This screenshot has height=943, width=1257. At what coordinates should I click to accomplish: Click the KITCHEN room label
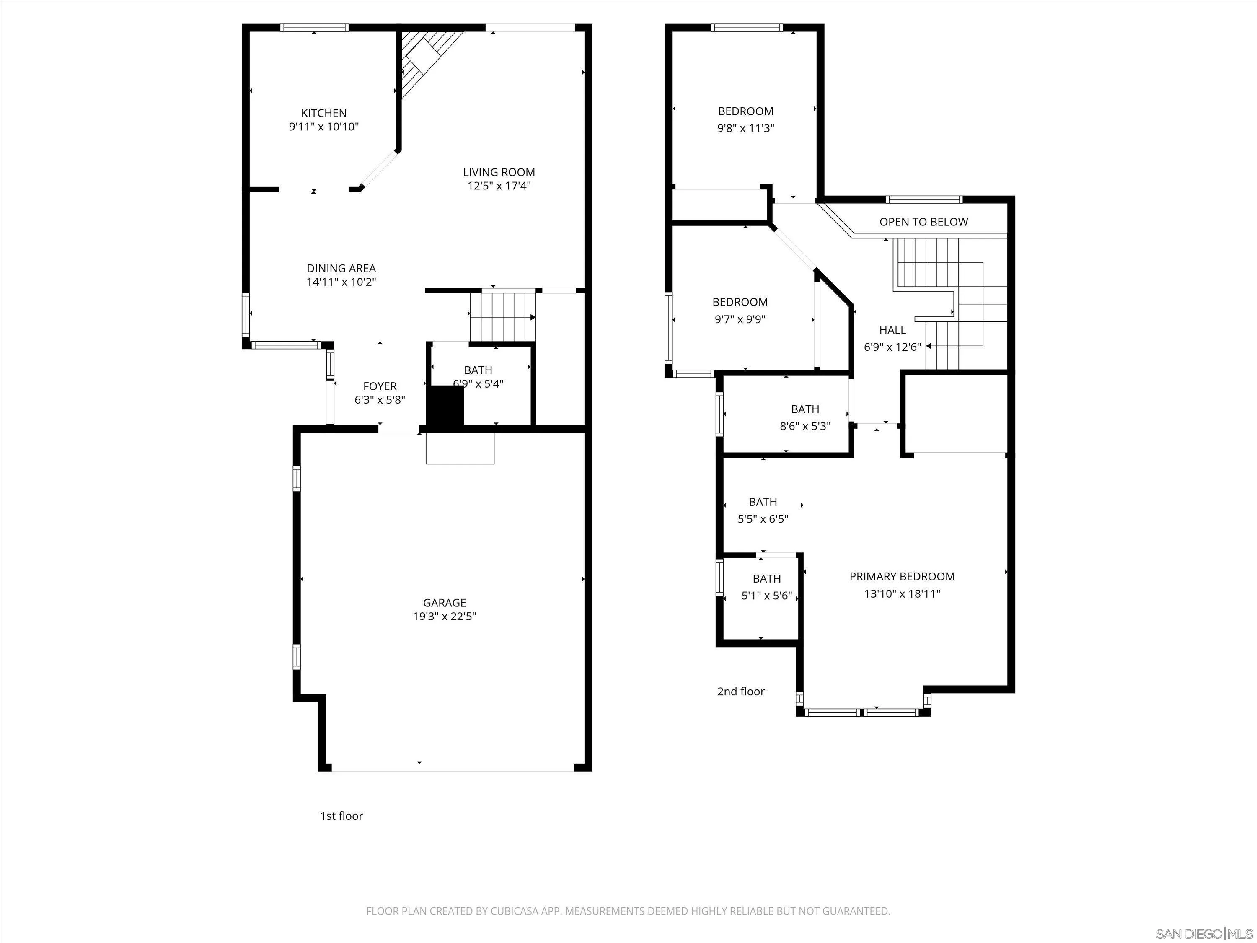point(323,113)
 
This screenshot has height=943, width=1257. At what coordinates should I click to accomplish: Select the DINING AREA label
point(341,268)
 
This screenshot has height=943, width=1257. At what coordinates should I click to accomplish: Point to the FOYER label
point(380,386)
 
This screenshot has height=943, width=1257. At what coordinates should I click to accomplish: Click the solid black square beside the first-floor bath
point(445,405)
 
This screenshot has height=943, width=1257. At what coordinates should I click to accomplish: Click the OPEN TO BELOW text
point(923,222)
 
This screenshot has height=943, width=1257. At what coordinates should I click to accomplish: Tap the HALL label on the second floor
point(892,330)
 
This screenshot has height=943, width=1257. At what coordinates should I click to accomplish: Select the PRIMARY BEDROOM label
point(902,576)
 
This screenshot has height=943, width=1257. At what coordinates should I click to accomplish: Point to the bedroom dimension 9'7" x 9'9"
point(740,319)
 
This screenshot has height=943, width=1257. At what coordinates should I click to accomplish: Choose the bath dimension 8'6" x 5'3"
point(804,426)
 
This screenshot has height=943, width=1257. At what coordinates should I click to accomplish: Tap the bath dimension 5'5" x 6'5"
point(763,519)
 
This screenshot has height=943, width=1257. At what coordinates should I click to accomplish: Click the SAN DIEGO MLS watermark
point(1204,934)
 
